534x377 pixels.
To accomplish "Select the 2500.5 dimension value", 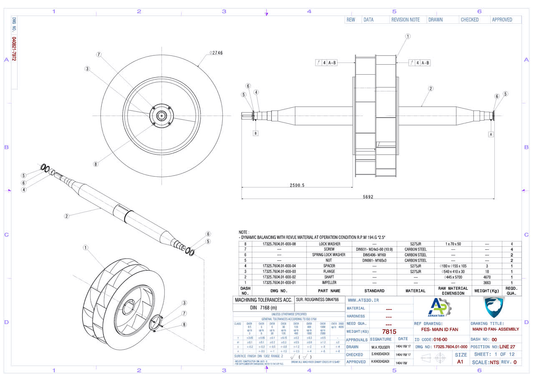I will point(297,185).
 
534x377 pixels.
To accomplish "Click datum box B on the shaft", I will point(256,133).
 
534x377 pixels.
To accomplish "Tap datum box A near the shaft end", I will point(491,134).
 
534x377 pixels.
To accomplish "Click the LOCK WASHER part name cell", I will point(329,244).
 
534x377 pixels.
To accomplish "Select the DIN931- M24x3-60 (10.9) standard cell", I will point(374,249).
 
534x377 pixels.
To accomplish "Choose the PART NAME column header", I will point(329,291).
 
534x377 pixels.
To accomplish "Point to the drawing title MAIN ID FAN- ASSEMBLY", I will point(496,329).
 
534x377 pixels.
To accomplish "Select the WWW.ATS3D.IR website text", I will point(360,300).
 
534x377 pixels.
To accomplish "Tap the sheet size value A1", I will point(460,362).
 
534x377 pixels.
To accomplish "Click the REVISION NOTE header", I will point(406,20).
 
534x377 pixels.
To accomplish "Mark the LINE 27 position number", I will point(507,347).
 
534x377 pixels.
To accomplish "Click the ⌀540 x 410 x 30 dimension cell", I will point(453,271).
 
